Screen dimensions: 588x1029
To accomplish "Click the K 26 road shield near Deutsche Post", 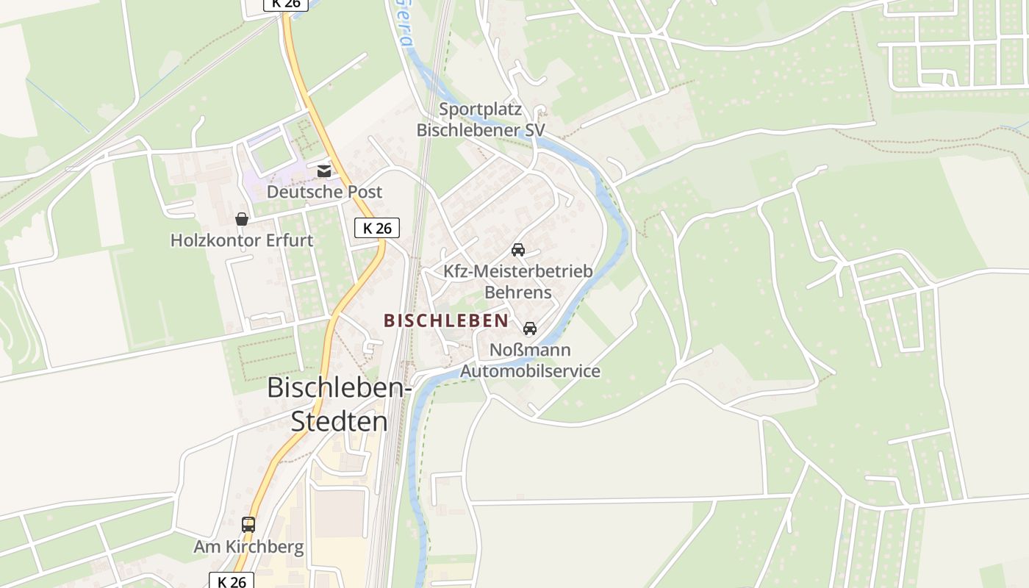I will click(377, 228).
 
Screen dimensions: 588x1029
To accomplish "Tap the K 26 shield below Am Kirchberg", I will click(232, 581).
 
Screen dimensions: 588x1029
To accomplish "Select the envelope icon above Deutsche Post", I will click(324, 171).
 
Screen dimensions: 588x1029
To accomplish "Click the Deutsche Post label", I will click(324, 192).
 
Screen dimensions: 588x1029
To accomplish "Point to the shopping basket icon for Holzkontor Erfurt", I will click(241, 219).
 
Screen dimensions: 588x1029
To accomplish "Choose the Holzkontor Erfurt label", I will click(242, 240).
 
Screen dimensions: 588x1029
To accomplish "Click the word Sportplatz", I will click(481, 110).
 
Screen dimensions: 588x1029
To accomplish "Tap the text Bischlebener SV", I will click(481, 130).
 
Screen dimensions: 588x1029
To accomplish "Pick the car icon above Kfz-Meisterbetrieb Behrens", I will click(518, 250).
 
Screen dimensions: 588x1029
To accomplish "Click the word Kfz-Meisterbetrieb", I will click(517, 271).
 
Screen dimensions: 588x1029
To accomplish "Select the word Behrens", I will click(517, 292).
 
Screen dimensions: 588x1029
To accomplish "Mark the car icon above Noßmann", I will click(530, 329).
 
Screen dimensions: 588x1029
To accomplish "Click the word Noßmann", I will click(530, 350).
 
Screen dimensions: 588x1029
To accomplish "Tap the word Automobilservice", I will click(530, 371).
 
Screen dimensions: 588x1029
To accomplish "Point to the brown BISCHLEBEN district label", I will click(446, 320).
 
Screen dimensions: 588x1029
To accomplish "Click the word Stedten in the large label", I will click(340, 421).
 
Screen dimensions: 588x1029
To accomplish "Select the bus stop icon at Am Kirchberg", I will click(248, 525).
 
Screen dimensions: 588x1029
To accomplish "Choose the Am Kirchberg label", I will click(248, 547).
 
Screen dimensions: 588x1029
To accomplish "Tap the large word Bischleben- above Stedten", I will click(340, 387).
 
